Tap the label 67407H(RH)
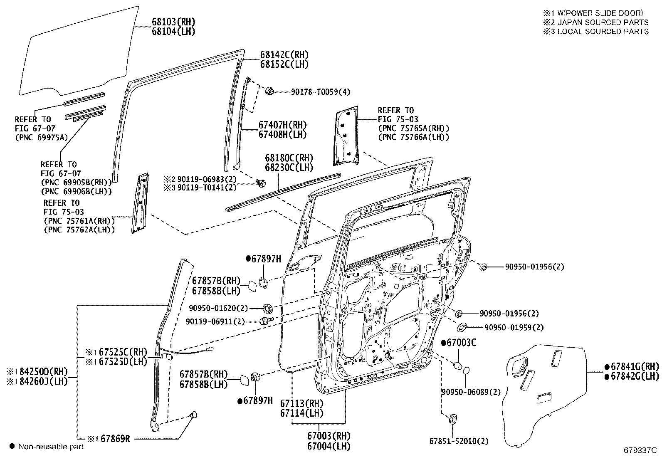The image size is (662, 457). [x=282, y=125]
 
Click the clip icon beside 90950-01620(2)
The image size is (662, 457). [x=267, y=308]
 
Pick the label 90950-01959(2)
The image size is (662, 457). [x=514, y=328]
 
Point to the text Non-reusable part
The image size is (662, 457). [x=51, y=447]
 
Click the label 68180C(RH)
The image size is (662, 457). [x=289, y=158]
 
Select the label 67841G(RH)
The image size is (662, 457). [x=635, y=367]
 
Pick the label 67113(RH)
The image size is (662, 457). [x=301, y=403]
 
